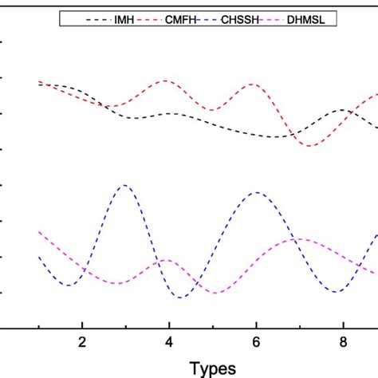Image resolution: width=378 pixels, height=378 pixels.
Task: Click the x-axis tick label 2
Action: click(x=82, y=342)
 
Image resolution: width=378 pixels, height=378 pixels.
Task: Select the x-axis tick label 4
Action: click(x=169, y=342)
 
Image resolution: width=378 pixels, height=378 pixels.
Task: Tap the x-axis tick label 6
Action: click(x=256, y=342)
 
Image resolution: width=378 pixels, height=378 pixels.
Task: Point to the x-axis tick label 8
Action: click(x=343, y=342)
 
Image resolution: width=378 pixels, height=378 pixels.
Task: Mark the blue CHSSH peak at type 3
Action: click(x=124, y=185)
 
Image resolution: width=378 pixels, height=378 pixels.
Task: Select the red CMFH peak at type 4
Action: click(x=167, y=81)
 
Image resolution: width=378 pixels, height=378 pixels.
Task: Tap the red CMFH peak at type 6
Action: click(x=255, y=84)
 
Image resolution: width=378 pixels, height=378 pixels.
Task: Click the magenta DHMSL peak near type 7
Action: click(x=297, y=238)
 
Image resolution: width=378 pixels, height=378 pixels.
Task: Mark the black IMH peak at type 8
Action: click(x=343, y=109)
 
